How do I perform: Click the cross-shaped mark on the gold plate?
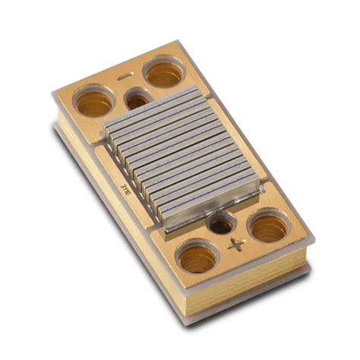point(234,245)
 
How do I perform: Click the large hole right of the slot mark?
point(163,73)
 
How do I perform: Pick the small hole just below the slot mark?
point(137,99)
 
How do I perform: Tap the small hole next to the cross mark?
point(221,224)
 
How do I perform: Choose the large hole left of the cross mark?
point(197,258)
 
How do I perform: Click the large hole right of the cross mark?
point(268,226)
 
